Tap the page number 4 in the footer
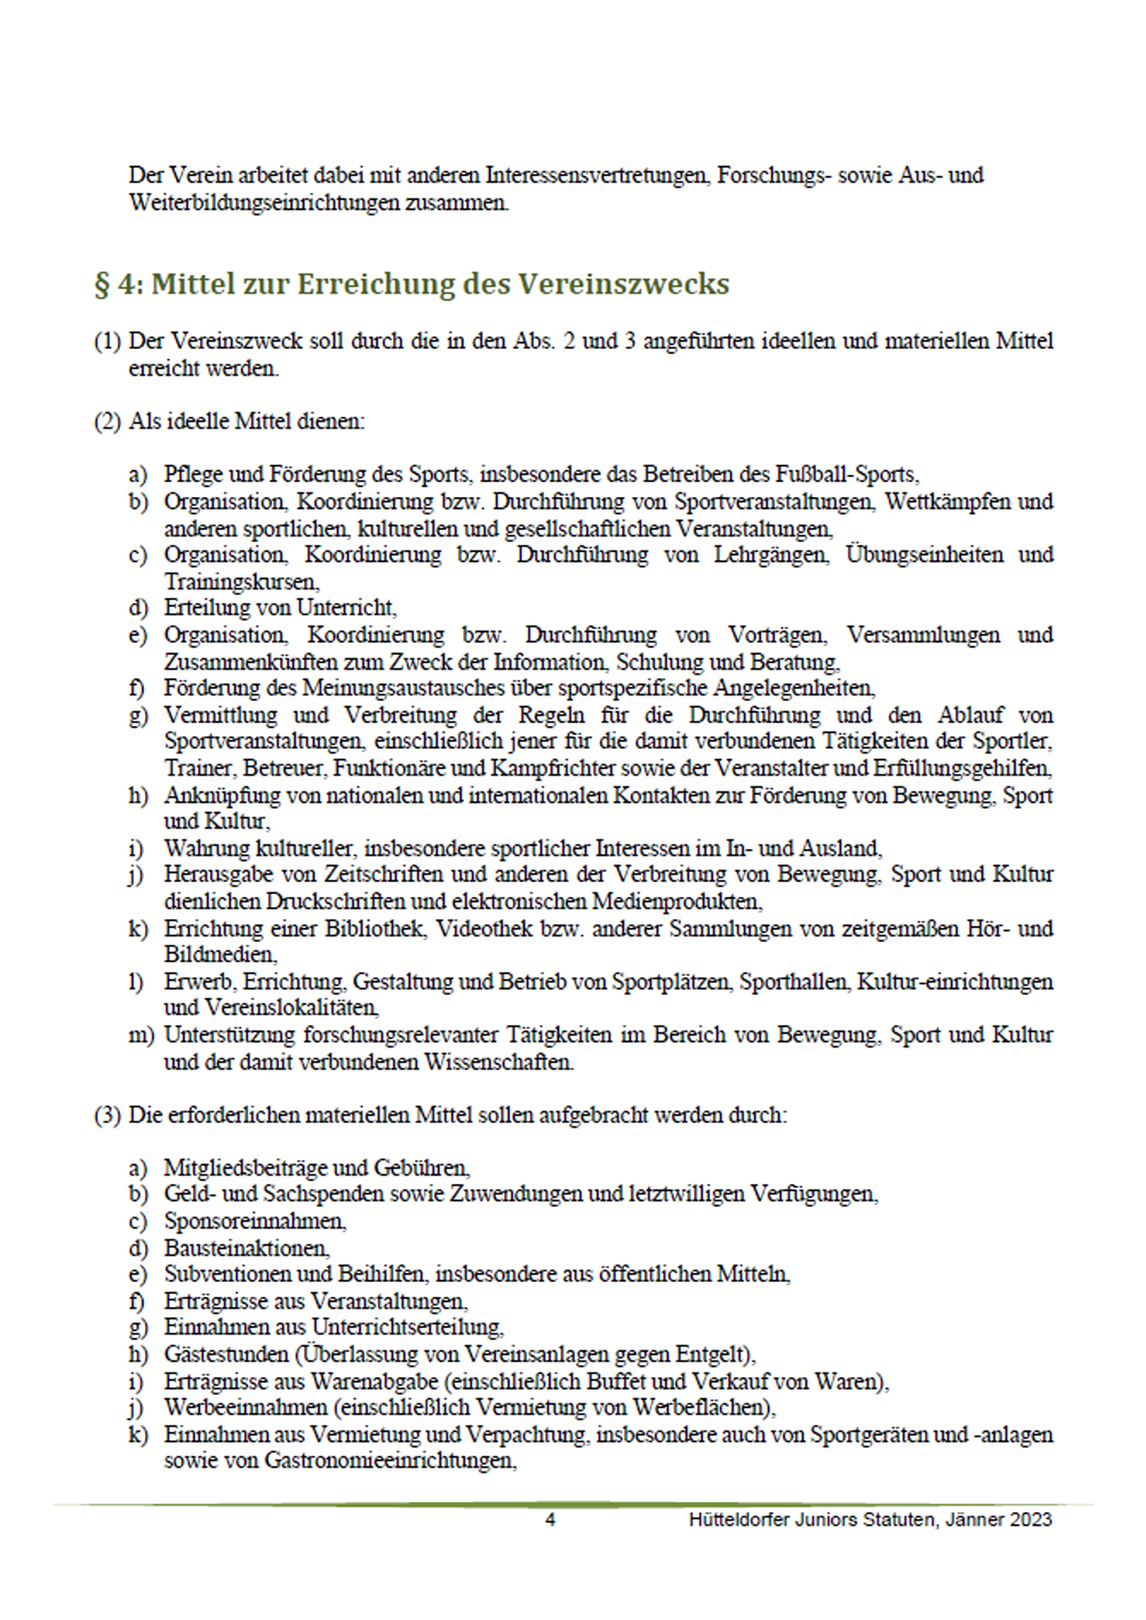coord(551,1519)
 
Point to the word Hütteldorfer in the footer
coord(738,1519)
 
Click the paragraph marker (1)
coord(107,341)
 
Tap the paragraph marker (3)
coord(107,1115)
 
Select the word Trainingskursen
coord(241,582)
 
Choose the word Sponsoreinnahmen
coord(254,1221)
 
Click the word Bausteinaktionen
coord(246,1248)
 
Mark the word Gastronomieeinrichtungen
coord(389,1461)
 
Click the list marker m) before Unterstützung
coord(140,1035)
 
